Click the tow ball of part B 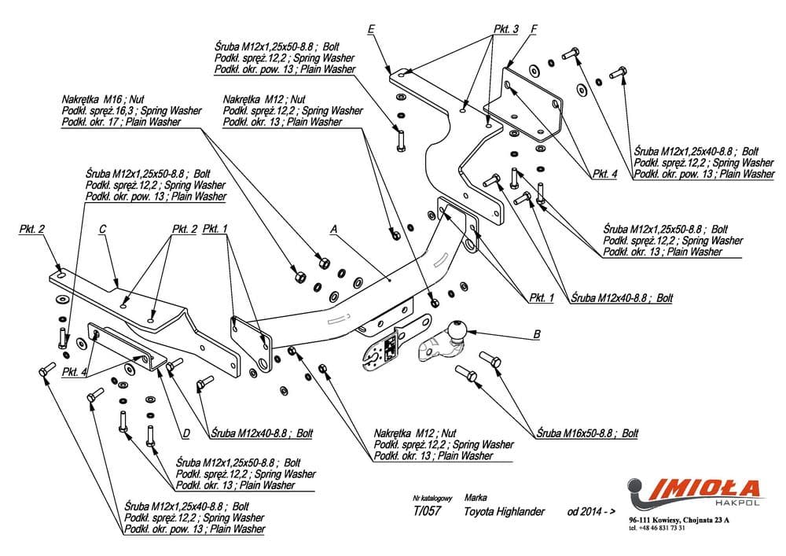tap(457, 330)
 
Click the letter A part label tap(334, 230)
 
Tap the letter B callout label tap(536, 334)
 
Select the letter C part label tap(102, 230)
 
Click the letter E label tap(371, 29)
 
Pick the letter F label tap(534, 30)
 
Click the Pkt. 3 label tap(506, 29)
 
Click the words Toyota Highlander tap(505, 511)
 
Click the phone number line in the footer tap(657, 528)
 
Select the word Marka tap(476, 498)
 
